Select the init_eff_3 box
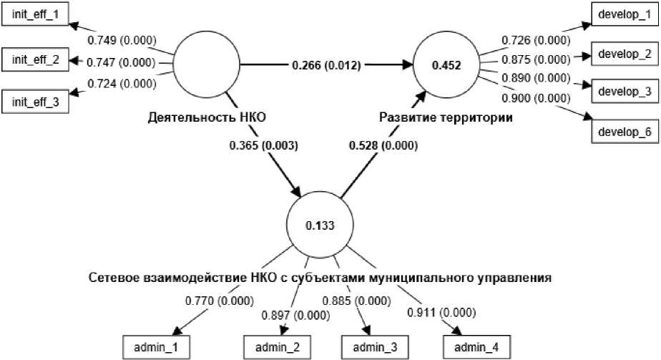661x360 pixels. click(36, 102)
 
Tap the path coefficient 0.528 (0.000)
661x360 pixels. click(384, 145)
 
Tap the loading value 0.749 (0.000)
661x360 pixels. click(122, 40)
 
